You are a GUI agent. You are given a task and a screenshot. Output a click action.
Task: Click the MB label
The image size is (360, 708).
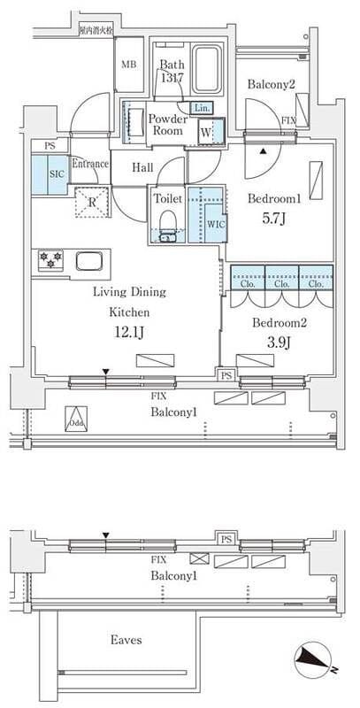pyautogui.click(x=128, y=65)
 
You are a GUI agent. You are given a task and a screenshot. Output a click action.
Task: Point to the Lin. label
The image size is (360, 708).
pyautogui.click(x=202, y=108)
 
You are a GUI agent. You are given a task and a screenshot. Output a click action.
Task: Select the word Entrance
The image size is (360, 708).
pyautogui.click(x=89, y=164)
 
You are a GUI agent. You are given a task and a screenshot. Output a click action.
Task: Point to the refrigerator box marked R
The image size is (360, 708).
pyautogui.click(x=91, y=200)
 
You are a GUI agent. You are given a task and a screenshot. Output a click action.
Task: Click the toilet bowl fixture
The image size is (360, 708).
pyautogui.click(x=167, y=227)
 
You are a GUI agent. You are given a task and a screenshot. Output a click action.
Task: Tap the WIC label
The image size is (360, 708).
pyautogui.click(x=215, y=224)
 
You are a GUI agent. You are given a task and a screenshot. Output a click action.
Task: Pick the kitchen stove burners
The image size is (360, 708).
pyautogui.click(x=48, y=260)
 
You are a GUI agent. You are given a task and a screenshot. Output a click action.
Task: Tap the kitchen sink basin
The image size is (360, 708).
pyautogui.click(x=90, y=261)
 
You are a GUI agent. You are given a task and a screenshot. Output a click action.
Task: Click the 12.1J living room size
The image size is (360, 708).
pyautogui.click(x=128, y=333)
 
